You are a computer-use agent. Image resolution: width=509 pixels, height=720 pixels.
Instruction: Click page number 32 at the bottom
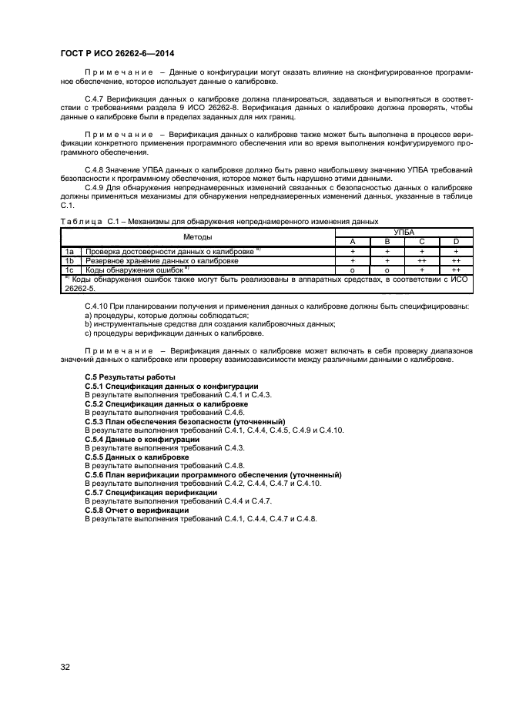(x=65, y=666)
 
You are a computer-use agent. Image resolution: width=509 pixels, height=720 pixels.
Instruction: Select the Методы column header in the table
(x=198, y=236)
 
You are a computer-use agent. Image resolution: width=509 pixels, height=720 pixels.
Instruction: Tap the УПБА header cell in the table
(x=404, y=232)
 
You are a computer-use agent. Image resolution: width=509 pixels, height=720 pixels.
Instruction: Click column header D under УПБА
(x=456, y=242)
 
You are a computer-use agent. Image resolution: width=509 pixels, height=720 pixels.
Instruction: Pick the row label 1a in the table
(x=69, y=252)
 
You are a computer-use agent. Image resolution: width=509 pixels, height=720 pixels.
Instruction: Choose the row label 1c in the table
(x=69, y=270)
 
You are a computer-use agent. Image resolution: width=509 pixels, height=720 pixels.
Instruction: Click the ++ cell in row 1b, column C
(x=422, y=261)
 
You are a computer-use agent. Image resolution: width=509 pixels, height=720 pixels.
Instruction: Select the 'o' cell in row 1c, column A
(x=352, y=270)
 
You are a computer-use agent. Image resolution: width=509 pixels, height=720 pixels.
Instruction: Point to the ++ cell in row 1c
(x=456, y=270)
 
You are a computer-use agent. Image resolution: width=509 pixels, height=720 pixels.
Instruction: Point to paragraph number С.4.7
(x=95, y=99)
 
